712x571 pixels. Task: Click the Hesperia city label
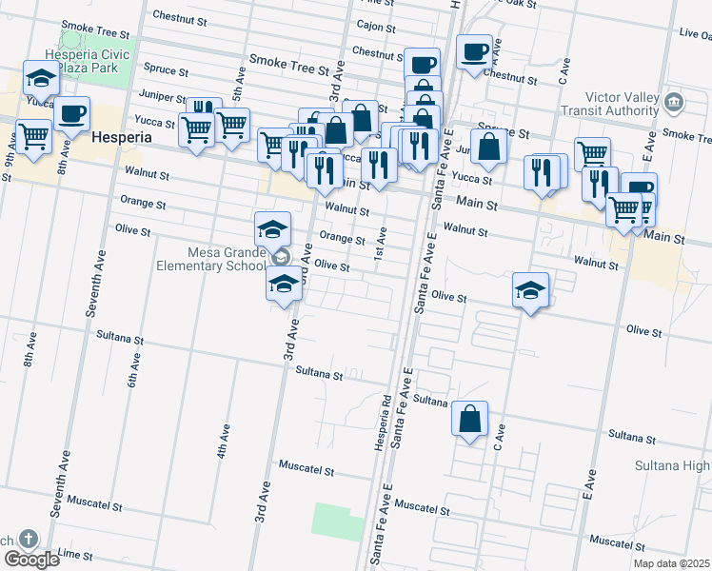point(122,137)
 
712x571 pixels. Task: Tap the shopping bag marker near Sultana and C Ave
point(470,419)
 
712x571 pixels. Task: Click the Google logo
point(31,559)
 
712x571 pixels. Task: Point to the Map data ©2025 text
point(671,562)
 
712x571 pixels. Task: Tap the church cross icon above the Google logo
point(29,540)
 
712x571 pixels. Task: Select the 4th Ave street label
point(222,441)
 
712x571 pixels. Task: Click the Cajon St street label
point(376,26)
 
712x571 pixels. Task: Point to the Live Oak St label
point(694,33)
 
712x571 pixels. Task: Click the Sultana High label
point(672,466)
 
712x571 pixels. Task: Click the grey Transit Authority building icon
point(674,101)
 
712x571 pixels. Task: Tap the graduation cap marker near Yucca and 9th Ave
point(40,77)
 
